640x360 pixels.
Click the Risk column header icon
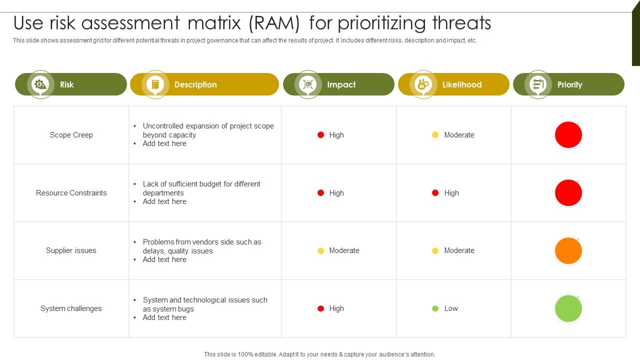(x=40, y=84)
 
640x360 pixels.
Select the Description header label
(x=195, y=84)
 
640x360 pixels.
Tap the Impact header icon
(x=308, y=84)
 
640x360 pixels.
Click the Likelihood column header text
(x=462, y=84)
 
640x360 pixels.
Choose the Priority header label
(x=569, y=84)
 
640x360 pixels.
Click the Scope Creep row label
(x=71, y=135)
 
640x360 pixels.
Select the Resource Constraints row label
(x=71, y=193)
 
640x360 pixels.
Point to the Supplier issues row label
(x=71, y=250)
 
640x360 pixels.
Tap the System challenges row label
(x=71, y=308)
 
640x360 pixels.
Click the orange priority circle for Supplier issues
(x=568, y=250)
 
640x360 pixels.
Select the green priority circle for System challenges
(x=568, y=308)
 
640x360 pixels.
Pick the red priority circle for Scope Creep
(x=568, y=135)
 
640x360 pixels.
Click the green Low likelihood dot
(x=435, y=308)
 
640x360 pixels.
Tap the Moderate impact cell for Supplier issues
(x=338, y=250)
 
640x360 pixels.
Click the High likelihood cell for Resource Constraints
(x=445, y=193)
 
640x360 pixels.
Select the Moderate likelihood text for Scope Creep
(x=459, y=135)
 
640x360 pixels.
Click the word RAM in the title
(x=276, y=23)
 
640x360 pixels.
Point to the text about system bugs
(x=205, y=304)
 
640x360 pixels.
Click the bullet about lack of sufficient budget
(x=201, y=188)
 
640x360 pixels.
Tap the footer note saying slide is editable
(x=319, y=354)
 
